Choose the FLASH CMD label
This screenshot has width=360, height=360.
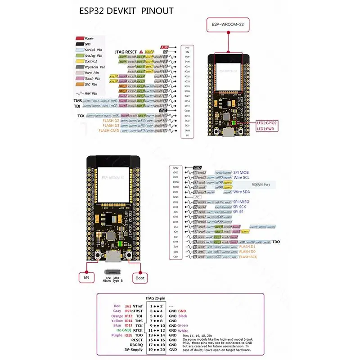click(108, 131)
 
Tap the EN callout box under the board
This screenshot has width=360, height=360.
click(86, 278)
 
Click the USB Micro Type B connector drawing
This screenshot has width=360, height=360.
click(112, 272)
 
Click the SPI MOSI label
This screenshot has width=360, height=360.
click(242, 172)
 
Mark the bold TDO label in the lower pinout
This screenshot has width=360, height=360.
click(276, 242)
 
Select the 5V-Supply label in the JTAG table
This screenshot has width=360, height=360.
click(133, 349)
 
